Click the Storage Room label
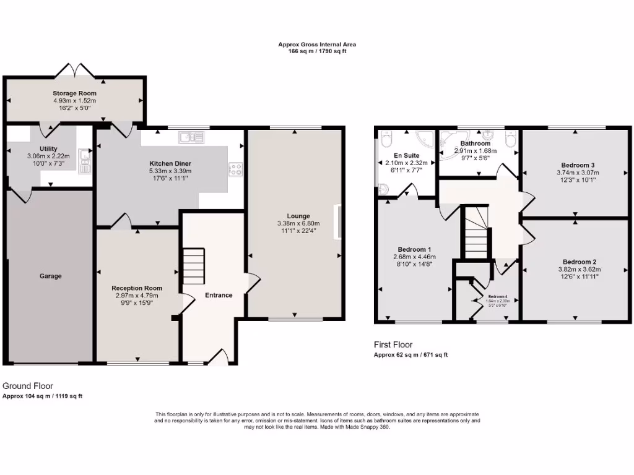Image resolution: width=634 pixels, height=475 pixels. pyautogui.click(x=74, y=93)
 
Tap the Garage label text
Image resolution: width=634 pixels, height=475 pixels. pyautogui.click(x=51, y=276)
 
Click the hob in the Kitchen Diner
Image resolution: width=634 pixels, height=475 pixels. pyautogui.click(x=235, y=169)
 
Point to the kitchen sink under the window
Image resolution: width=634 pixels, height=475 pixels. pyautogui.click(x=189, y=137)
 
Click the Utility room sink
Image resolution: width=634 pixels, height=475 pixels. pyautogui.click(x=85, y=159)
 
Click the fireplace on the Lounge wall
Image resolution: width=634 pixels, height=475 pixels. pyautogui.click(x=338, y=221)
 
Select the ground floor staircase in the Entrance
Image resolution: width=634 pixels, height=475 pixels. pyautogui.click(x=194, y=266)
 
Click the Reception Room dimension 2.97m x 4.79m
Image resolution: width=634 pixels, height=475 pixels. pyautogui.click(x=137, y=296)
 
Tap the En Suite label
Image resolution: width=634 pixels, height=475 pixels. pyautogui.click(x=407, y=155)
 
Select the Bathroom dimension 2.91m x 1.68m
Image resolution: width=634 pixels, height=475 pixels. pyautogui.click(x=475, y=150)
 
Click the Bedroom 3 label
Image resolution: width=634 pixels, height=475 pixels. pyautogui.click(x=578, y=165)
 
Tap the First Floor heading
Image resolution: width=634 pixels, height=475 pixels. pyautogui.click(x=393, y=344)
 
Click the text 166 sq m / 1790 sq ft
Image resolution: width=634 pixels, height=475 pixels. pyautogui.click(x=317, y=51)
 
